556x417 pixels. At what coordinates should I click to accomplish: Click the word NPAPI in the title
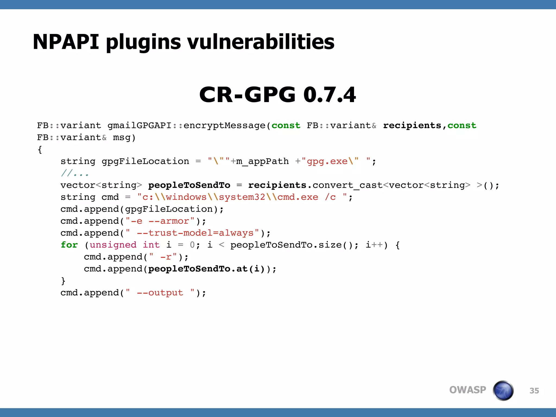(x=66, y=42)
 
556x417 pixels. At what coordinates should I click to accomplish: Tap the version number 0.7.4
(x=329, y=95)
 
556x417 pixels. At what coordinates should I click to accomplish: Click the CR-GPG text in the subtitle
(x=247, y=95)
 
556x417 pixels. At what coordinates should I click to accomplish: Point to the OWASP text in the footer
(x=467, y=390)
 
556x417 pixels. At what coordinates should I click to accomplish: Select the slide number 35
(x=534, y=391)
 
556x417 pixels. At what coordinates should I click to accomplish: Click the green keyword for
(x=69, y=245)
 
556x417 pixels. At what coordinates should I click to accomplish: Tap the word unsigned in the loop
(x=113, y=245)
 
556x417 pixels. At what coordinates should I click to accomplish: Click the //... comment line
(x=75, y=173)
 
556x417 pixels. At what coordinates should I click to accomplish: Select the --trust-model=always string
(x=195, y=233)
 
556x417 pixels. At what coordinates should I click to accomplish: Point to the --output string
(x=160, y=293)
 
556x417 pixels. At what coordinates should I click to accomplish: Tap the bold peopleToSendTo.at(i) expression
(x=206, y=269)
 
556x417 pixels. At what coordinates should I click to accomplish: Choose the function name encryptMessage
(x=224, y=125)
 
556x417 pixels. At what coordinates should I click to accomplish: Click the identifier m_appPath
(x=262, y=161)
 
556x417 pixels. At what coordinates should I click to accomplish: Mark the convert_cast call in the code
(x=347, y=185)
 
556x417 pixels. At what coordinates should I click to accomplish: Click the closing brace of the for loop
(x=63, y=281)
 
